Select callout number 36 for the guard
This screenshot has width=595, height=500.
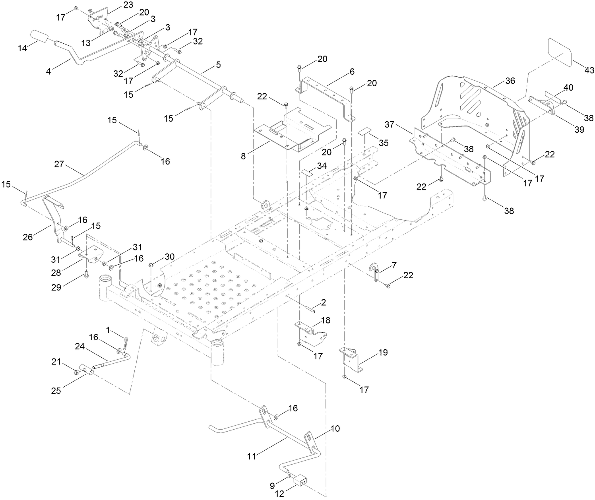point(510,81)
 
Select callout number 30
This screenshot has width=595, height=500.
point(170,257)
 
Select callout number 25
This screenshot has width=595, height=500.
point(56,391)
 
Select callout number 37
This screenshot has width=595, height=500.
point(390,125)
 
